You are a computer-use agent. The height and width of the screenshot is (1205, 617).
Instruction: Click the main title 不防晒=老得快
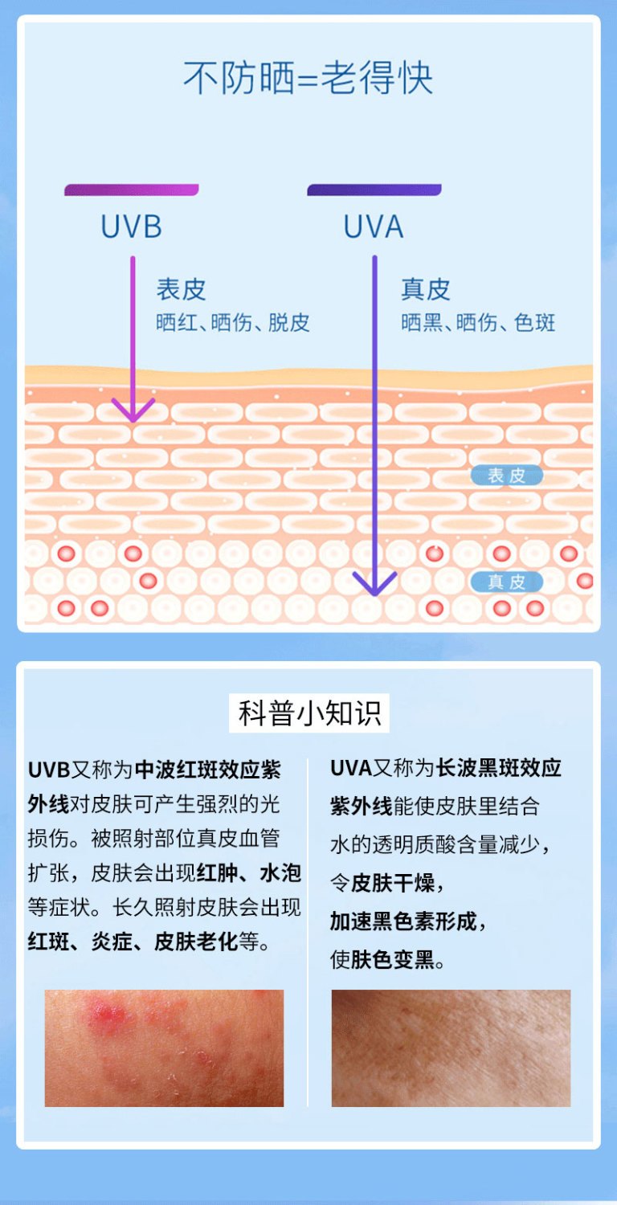(308, 79)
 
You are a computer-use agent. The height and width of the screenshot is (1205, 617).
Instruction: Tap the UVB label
(131, 227)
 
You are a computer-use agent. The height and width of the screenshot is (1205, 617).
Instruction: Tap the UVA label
(374, 227)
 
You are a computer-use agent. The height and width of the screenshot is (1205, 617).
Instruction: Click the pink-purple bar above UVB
(132, 190)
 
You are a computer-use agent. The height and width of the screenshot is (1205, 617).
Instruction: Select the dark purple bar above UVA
(374, 190)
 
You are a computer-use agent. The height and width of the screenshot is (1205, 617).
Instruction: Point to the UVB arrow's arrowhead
(133, 411)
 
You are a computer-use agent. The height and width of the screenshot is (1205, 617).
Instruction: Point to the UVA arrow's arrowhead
(375, 584)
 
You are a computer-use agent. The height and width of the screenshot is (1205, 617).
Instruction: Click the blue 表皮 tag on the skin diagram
(507, 476)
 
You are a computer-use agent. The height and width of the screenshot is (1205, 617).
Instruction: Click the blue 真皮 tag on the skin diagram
(507, 582)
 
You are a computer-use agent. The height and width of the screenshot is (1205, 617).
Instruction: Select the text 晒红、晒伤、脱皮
(233, 322)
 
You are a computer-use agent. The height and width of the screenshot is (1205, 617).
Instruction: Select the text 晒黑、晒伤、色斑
(478, 322)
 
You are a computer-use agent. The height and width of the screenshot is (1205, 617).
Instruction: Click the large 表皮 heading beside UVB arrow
(182, 289)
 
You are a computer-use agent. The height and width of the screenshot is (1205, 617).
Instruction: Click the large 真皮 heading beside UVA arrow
(426, 289)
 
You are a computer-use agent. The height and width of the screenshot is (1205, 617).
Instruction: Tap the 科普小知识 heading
(309, 713)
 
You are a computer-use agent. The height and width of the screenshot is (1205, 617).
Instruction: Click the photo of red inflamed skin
(164, 1048)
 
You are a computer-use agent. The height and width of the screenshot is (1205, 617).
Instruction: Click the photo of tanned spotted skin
(451, 1048)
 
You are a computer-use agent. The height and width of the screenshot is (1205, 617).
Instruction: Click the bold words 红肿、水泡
(249, 872)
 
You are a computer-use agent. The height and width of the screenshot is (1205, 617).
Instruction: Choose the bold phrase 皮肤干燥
(393, 884)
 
